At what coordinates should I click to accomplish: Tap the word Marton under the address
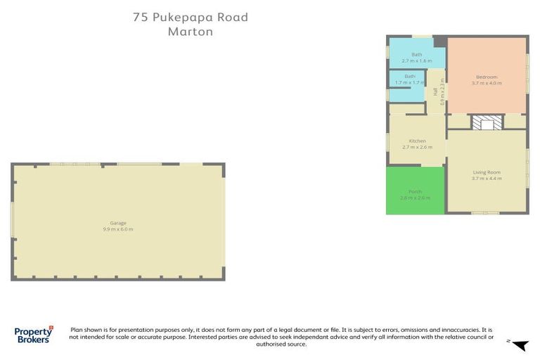click(x=191, y=32)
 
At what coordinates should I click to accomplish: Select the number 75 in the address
click(x=140, y=18)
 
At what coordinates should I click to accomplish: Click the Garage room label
click(x=118, y=223)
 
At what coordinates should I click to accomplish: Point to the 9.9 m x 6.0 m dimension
click(x=118, y=230)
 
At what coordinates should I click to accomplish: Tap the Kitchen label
click(x=417, y=141)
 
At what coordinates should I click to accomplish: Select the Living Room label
click(x=486, y=172)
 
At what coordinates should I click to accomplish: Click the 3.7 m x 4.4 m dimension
click(x=487, y=179)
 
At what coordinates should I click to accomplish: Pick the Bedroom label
click(x=487, y=77)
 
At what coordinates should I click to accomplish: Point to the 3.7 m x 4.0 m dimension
click(x=487, y=83)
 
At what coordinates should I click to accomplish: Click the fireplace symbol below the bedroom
click(x=486, y=123)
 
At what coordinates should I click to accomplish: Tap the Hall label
click(x=435, y=91)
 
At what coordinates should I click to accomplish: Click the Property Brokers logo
click(x=33, y=334)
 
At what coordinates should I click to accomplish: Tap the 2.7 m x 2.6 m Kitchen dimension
click(x=417, y=147)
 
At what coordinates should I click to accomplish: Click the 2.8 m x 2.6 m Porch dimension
click(x=415, y=198)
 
